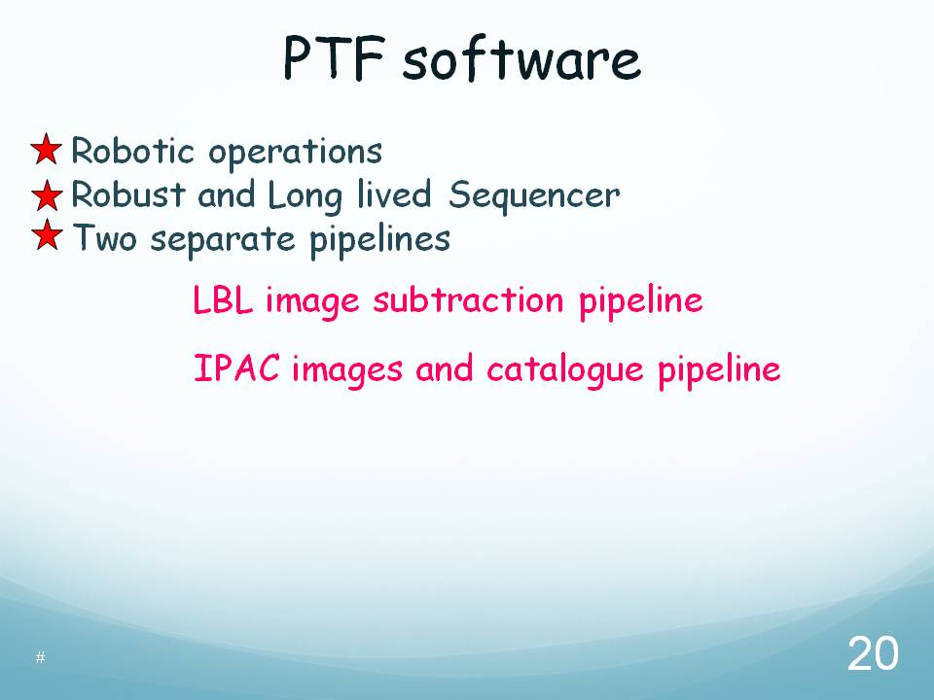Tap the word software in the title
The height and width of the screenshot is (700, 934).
point(521,59)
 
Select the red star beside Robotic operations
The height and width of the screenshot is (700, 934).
point(47,149)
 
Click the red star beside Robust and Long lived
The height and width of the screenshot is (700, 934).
point(47,194)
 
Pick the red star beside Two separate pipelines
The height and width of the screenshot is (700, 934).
point(47,234)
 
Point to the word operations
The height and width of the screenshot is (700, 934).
point(295,153)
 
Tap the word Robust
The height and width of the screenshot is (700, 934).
point(128,194)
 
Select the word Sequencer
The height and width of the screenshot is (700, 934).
point(534,196)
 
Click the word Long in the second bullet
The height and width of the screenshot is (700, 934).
point(305,196)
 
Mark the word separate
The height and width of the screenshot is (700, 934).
point(223,240)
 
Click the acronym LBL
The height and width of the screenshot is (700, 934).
point(223,299)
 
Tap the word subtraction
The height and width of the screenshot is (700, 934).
point(468,299)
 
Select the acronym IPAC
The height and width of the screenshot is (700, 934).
point(236,367)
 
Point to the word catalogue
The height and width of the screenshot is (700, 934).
point(565,369)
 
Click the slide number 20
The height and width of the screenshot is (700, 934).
point(873,653)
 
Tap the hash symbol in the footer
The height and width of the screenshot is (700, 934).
point(40,657)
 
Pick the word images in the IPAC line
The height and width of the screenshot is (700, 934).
point(347,369)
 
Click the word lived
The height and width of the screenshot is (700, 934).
point(394,194)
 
